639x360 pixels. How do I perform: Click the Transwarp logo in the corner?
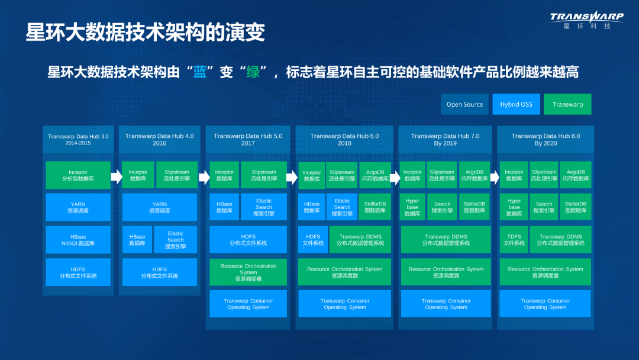click(586, 21)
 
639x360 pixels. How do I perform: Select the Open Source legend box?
click(464, 104)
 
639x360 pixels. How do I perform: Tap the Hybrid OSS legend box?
click(516, 104)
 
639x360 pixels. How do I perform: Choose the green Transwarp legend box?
click(567, 104)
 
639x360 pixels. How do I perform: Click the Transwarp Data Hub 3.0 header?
click(78, 140)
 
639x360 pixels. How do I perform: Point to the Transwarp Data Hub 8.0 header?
click(546, 140)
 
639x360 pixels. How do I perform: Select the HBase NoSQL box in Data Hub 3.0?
click(78, 240)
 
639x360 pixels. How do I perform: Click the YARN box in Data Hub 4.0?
click(160, 207)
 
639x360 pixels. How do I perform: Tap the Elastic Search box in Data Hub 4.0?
click(175, 240)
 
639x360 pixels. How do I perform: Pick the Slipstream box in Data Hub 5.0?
click(264, 175)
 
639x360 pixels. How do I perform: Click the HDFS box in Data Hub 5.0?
click(248, 240)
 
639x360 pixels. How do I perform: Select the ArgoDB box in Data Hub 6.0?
click(375, 175)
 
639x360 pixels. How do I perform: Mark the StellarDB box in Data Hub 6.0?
click(375, 207)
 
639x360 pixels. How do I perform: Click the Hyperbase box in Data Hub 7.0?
click(412, 207)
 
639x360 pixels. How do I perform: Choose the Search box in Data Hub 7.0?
click(443, 207)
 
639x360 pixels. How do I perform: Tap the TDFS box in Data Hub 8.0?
click(514, 240)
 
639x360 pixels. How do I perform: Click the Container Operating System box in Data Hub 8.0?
click(545, 304)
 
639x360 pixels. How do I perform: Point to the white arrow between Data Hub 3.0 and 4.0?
click(116, 176)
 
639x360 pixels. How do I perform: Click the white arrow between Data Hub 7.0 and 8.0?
click(495, 176)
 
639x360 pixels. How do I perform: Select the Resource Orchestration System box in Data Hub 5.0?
click(248, 272)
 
